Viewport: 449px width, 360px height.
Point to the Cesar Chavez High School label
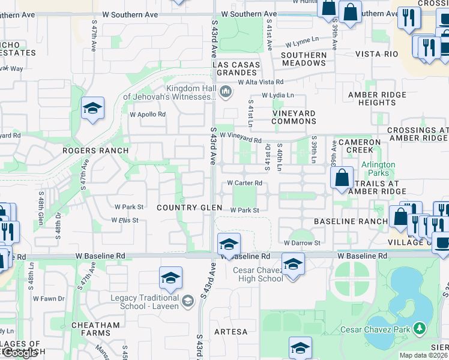coord(258,274)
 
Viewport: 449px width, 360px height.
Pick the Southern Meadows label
coord(304,59)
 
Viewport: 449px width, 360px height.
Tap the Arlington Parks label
coord(378,169)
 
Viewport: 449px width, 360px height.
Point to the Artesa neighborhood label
coord(231,332)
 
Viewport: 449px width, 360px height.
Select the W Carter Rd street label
coord(244,183)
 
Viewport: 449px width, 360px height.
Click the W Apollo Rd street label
coord(148,114)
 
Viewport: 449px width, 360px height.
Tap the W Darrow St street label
coord(303,243)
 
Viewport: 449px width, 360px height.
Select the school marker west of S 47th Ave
coord(93,109)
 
